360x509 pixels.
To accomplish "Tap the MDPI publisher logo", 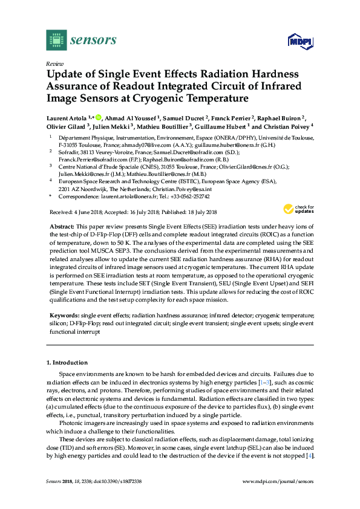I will click(x=299, y=41).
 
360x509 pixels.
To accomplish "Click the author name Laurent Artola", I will click(x=67, y=117).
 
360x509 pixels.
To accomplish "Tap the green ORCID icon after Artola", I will click(x=99, y=117).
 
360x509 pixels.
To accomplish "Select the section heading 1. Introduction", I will click(x=67, y=363).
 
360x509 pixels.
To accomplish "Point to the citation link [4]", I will click(x=310, y=455).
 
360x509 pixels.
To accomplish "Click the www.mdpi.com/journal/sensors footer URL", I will click(x=277, y=482).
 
